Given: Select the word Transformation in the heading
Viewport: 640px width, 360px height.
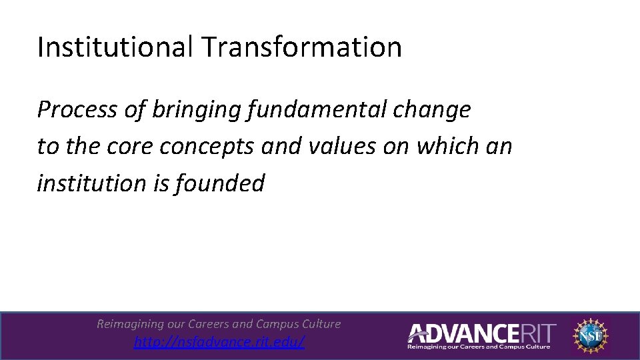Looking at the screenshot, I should tap(301, 47).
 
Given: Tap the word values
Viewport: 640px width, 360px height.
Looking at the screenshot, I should tap(347, 146).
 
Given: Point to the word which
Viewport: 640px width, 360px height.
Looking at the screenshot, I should tap(447, 146).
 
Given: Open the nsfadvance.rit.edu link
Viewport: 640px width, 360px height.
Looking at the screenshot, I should tap(219, 342).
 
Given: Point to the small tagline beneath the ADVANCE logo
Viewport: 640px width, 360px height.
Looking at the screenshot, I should tap(479, 347).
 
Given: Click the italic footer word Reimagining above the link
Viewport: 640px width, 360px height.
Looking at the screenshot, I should tap(130, 324).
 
